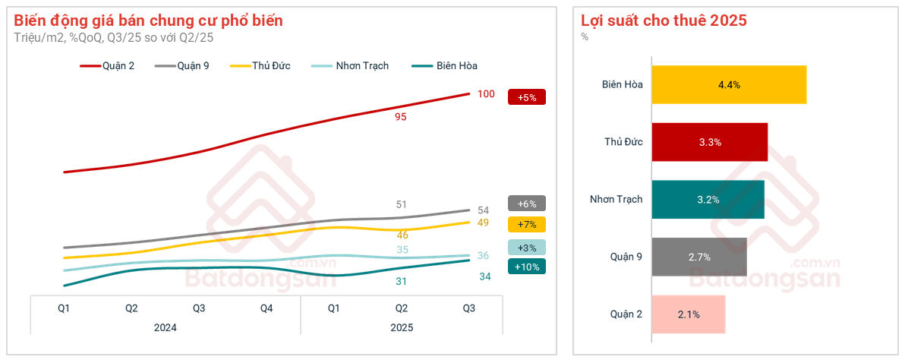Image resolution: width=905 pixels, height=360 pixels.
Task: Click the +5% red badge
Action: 526,97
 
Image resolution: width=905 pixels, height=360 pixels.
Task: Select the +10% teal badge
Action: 526,267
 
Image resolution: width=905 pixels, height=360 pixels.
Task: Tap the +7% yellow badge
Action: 526,225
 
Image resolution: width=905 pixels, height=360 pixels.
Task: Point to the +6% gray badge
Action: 526,204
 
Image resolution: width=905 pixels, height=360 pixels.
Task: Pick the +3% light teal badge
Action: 526,248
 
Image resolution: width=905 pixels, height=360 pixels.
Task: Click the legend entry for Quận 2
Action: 107,66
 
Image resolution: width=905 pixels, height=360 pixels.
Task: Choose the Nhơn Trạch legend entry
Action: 351,66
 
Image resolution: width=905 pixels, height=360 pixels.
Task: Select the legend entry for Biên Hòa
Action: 444,66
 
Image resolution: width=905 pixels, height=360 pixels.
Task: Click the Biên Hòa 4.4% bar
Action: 729,84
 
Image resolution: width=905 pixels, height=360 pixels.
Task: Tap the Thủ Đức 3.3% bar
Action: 709,142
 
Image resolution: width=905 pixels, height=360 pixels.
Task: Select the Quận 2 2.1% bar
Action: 689,314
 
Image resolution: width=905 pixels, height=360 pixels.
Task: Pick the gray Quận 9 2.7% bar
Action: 699,257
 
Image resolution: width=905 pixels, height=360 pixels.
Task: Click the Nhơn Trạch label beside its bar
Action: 616,199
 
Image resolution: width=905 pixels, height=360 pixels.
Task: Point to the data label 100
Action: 486,94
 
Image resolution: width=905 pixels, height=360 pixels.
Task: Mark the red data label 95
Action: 401,117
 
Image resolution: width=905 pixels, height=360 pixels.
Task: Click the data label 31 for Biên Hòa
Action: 402,282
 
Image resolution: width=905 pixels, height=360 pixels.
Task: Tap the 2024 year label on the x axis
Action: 166,328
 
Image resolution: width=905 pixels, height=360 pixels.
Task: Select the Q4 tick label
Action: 266,308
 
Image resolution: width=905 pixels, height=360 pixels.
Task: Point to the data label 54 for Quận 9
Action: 483,210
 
